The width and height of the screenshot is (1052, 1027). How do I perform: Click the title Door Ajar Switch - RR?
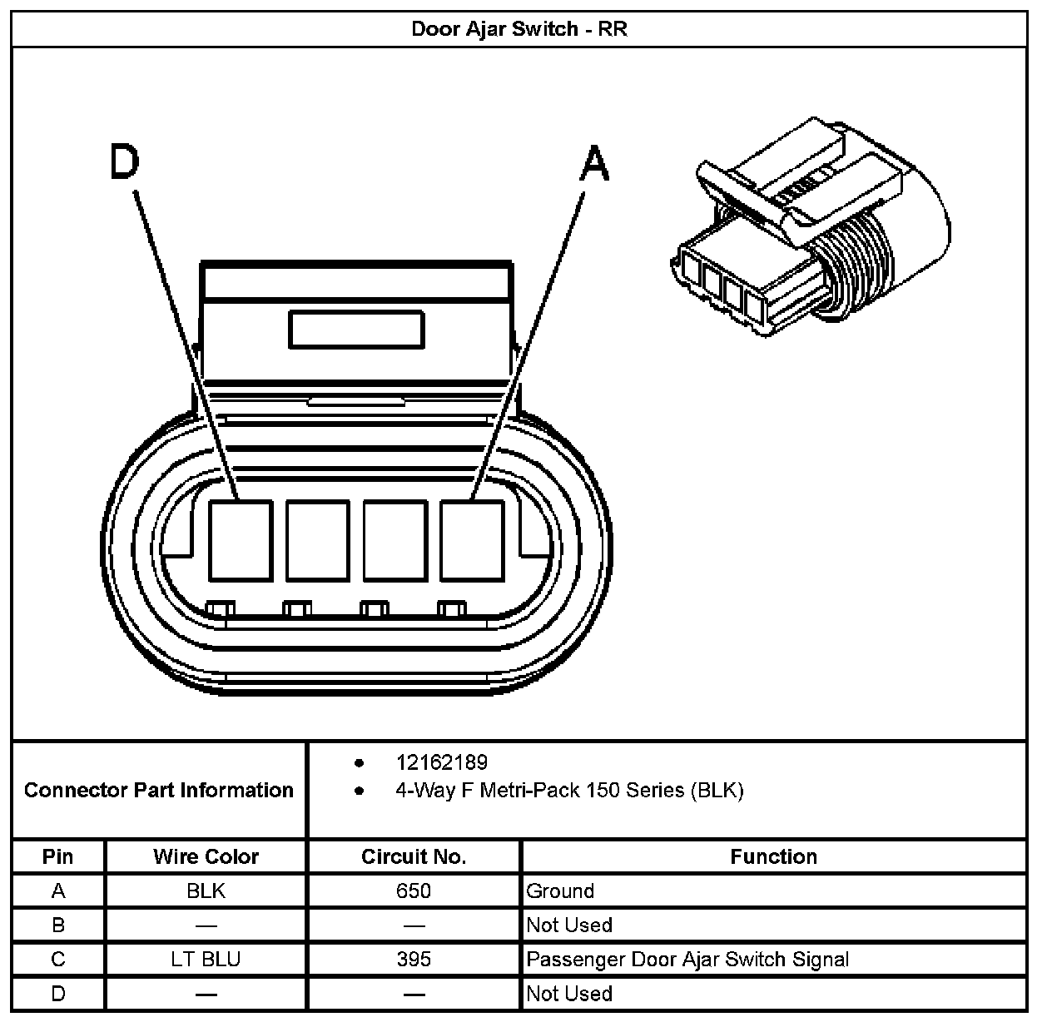pyautogui.click(x=519, y=29)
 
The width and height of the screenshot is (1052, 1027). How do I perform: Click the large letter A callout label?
pyautogui.click(x=594, y=163)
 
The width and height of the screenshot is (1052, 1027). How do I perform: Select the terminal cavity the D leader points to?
pyautogui.click(x=240, y=540)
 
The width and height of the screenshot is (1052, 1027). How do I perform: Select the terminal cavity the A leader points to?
pyautogui.click(x=472, y=540)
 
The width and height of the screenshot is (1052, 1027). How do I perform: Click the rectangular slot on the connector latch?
pyautogui.click(x=356, y=330)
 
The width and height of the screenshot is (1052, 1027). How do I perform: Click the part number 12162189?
pyautogui.click(x=441, y=762)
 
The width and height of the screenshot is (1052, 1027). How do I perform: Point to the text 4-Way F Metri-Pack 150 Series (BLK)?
pyautogui.click(x=569, y=790)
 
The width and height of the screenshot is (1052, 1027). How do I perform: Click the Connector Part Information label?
pyautogui.click(x=159, y=790)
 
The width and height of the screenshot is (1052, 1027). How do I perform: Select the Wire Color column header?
pyautogui.click(x=206, y=856)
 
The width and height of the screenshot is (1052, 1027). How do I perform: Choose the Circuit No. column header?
pyautogui.click(x=414, y=856)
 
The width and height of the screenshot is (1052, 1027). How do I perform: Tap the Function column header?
pyautogui.click(x=773, y=856)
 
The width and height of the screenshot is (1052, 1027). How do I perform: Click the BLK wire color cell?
pyautogui.click(x=206, y=891)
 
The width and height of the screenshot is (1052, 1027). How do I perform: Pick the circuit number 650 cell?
pyautogui.click(x=414, y=891)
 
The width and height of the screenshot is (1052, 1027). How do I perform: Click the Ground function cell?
pyautogui.click(x=560, y=891)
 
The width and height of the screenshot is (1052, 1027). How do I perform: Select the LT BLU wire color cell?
pyautogui.click(x=206, y=960)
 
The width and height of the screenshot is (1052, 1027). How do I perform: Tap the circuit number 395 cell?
pyautogui.click(x=414, y=960)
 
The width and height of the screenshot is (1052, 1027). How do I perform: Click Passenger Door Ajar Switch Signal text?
pyautogui.click(x=687, y=960)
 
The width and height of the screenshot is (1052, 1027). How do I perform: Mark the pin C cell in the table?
pyautogui.click(x=58, y=960)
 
